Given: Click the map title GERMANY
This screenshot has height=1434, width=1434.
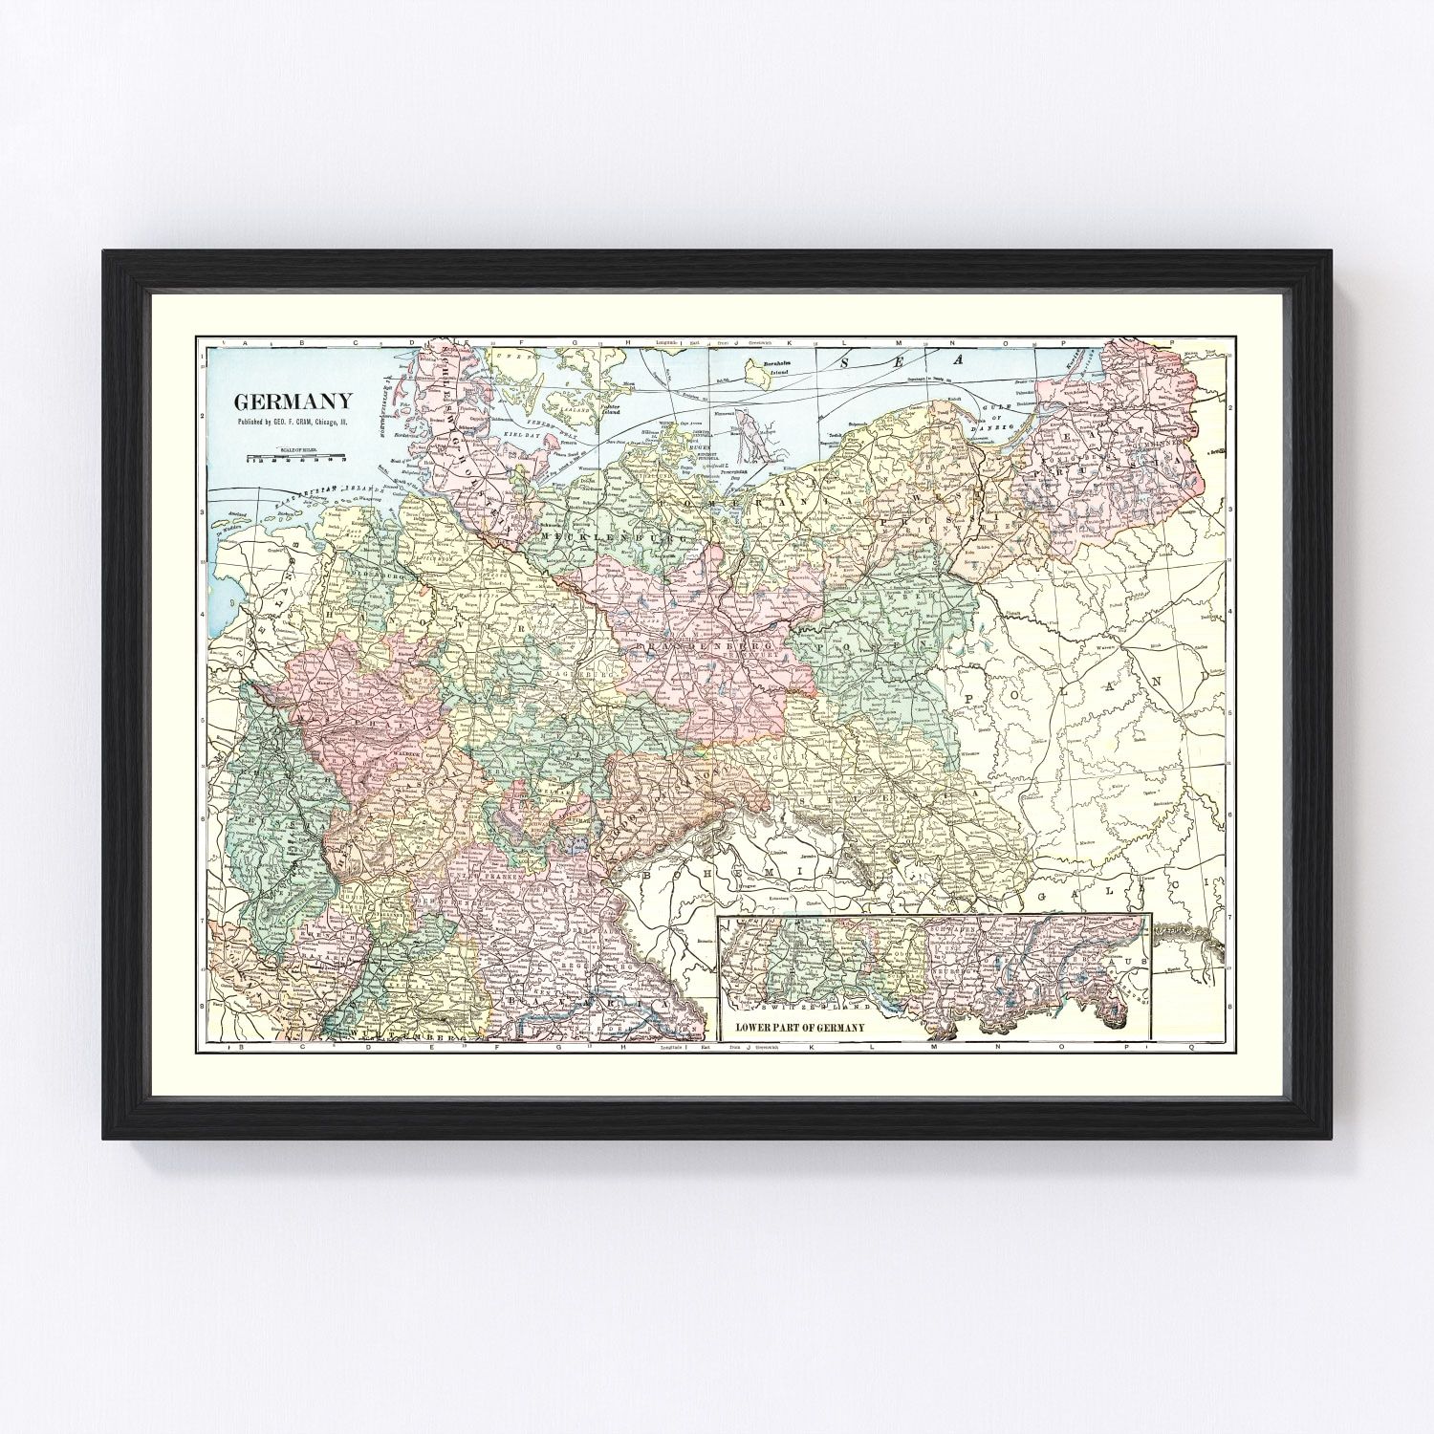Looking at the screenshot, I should coord(293,402).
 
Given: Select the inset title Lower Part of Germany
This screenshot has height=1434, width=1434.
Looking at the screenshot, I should coord(800,1027).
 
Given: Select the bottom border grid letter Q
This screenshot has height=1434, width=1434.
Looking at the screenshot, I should coord(1191,1047).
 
